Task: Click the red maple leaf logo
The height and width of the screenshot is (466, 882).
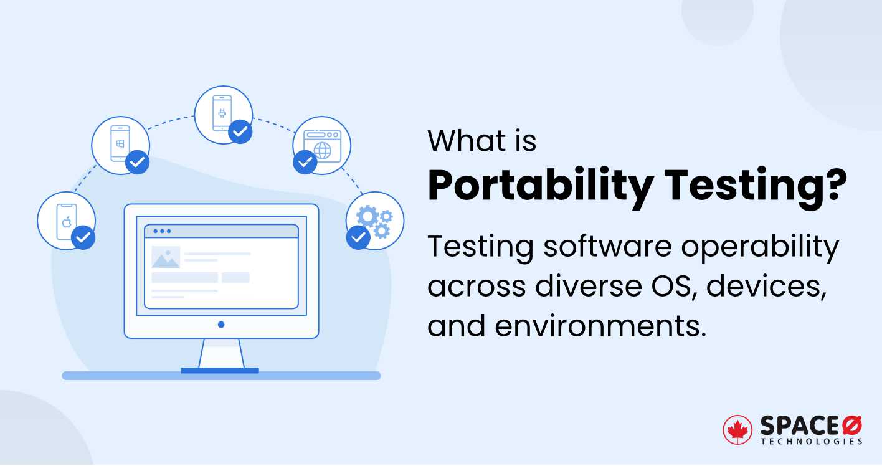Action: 737,429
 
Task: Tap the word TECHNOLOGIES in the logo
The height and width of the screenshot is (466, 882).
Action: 812,441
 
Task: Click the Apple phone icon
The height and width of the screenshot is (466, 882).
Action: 65,222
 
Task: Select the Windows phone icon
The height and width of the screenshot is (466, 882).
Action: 120,144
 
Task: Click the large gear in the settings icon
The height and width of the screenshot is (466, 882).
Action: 367,217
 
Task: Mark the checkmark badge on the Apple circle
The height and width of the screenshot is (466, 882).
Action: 83,237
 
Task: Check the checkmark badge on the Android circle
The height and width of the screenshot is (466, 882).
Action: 240,131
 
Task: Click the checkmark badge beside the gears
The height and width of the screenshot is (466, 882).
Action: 358,237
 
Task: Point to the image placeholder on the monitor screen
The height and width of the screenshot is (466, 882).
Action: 166,257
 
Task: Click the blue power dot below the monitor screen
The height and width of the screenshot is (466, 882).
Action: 221,325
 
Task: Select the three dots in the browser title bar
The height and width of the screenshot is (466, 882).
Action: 162,231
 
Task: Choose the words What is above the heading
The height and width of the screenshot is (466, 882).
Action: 481,141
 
